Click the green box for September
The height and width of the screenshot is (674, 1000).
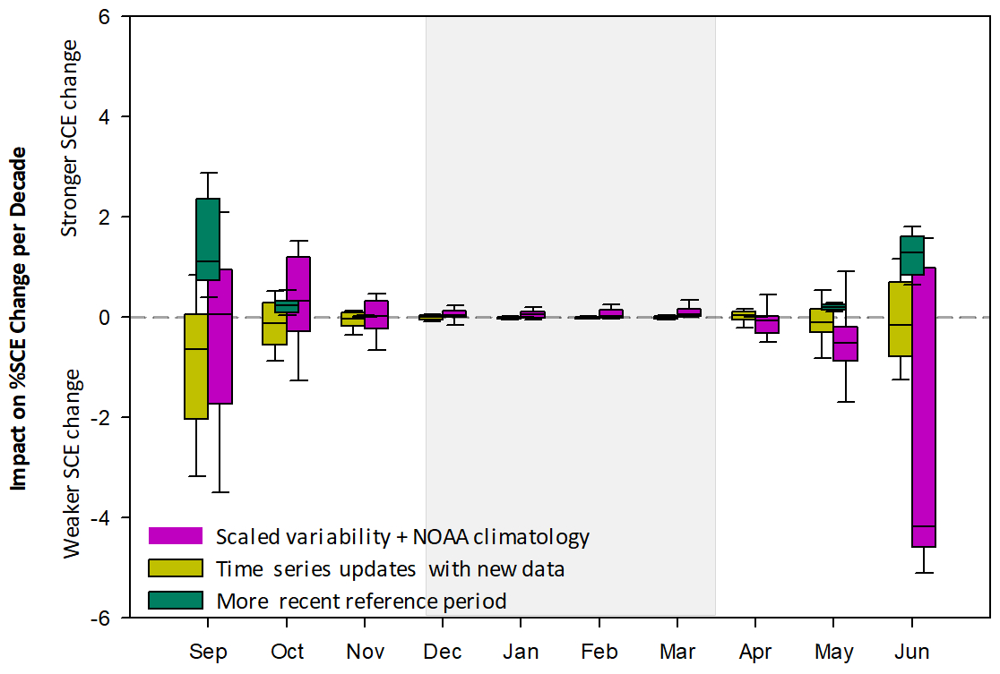click(208, 239)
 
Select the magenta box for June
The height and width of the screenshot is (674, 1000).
click(923, 407)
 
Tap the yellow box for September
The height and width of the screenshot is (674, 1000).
click(196, 366)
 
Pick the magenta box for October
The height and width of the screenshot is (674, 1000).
click(298, 294)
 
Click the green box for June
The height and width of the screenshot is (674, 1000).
click(912, 256)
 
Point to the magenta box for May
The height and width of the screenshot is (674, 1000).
click(845, 344)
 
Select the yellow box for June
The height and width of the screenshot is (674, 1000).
click(900, 319)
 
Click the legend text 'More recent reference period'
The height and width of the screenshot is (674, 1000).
click(361, 601)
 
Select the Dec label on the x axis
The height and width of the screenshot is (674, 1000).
click(442, 651)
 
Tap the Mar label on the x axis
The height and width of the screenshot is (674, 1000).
click(677, 651)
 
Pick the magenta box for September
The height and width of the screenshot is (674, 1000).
click(220, 336)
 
